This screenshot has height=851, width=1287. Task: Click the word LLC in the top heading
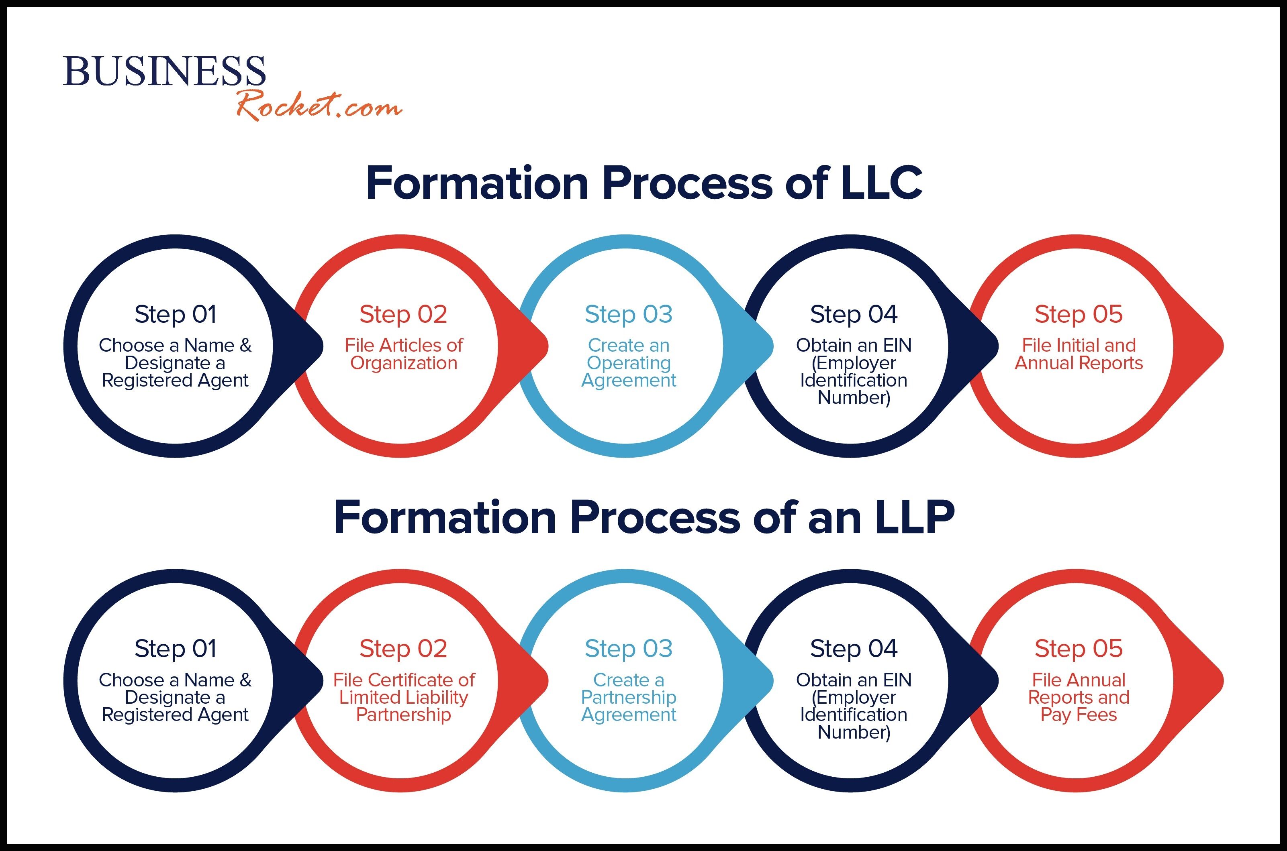[881, 183]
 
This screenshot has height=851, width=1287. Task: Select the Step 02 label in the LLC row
[403, 314]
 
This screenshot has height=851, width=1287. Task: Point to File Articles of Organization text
[403, 354]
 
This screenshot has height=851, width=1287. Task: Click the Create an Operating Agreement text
[628, 362]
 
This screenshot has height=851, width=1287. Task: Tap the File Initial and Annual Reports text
[1079, 354]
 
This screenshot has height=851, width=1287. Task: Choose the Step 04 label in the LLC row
[854, 314]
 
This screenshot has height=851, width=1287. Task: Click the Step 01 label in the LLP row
[176, 649]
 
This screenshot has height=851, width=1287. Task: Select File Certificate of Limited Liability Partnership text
[403, 697]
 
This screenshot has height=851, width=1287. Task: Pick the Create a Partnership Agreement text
[628, 697]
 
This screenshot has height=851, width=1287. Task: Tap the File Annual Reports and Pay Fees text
[1079, 697]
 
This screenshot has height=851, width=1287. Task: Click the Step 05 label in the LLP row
[1079, 649]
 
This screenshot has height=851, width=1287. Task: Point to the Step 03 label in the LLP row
[628, 649]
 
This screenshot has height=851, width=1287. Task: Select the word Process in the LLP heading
[654, 518]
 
